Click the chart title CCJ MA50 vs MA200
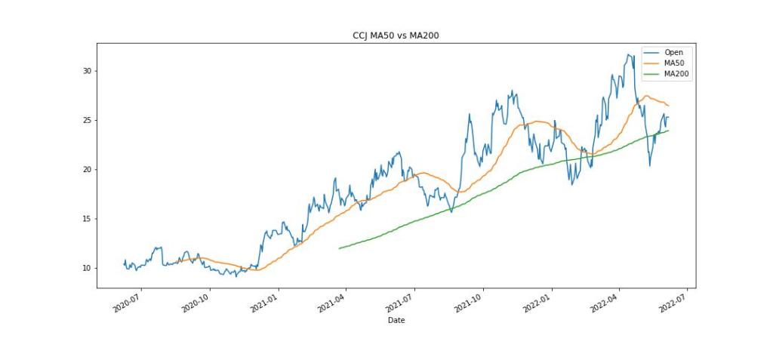coord(396,35)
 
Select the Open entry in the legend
coord(673,52)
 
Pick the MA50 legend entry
coord(674,63)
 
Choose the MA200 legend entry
coord(676,74)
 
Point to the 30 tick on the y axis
coord(87,71)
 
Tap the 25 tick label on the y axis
coord(87,120)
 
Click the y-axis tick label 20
coord(87,169)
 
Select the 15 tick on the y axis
coord(87,219)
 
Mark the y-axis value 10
coord(87,268)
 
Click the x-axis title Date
coord(396,321)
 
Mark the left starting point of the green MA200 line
coord(339,248)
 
